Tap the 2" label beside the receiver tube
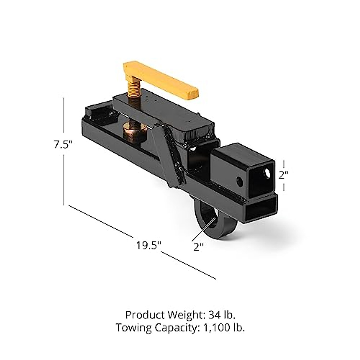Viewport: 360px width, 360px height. (x=283, y=175)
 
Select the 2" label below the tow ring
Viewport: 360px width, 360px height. (x=199, y=247)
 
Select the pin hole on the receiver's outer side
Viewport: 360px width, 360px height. (x=239, y=181)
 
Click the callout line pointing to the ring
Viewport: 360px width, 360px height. (x=204, y=229)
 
